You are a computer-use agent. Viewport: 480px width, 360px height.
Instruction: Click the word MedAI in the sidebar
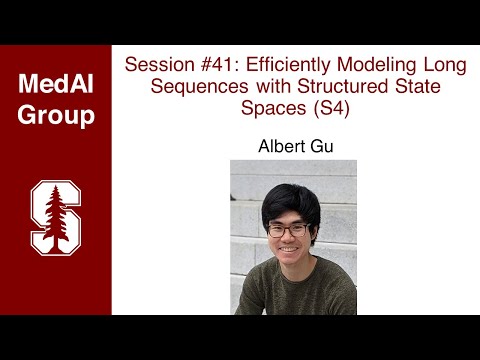56,84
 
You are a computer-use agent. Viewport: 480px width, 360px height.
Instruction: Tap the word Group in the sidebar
56,114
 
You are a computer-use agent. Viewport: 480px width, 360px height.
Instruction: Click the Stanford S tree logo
55,215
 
